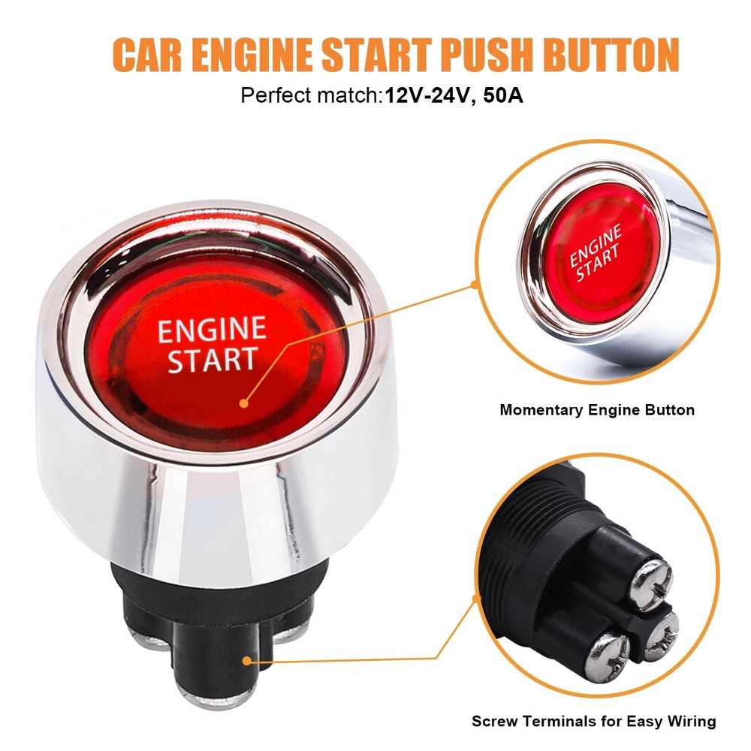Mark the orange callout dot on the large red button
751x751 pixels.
pyautogui.click(x=243, y=403)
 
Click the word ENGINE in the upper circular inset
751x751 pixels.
pyautogui.click(x=596, y=245)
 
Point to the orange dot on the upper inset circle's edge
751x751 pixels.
pyautogui.click(x=475, y=285)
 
